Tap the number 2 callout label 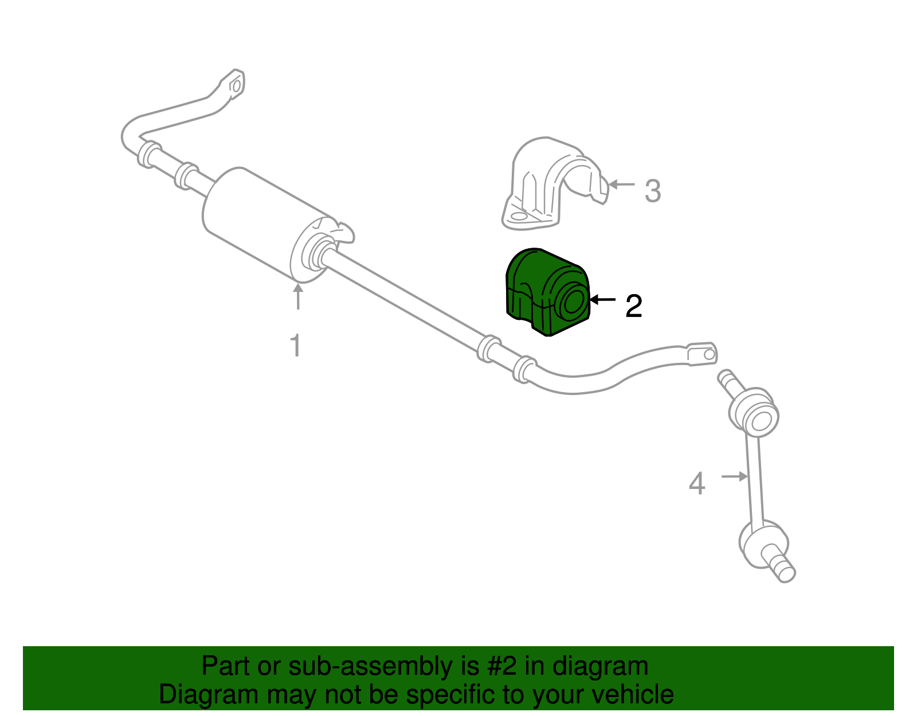(633, 307)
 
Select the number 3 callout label (652, 191)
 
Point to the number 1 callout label (296, 346)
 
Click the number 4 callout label (696, 484)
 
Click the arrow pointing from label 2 (603, 299)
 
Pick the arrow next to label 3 (622, 185)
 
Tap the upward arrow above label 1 (297, 297)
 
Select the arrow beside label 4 (734, 476)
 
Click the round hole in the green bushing (572, 302)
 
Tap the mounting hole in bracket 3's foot (519, 217)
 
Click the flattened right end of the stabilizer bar (702, 354)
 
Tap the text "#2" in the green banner (503, 667)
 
